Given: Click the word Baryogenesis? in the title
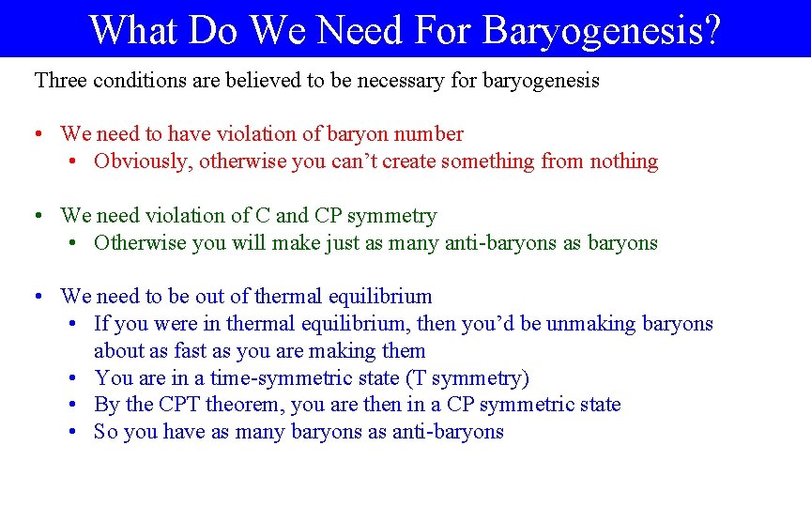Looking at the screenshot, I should (602, 29).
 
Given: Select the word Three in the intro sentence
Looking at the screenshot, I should (59, 80).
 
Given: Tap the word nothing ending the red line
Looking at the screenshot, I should (623, 161).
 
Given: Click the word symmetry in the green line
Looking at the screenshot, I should (391, 216).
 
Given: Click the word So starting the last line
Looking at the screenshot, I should (105, 432).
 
